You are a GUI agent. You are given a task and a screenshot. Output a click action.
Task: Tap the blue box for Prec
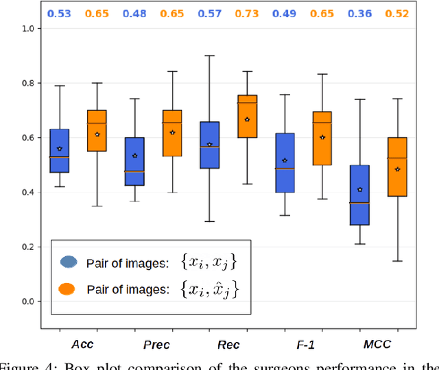tap(134, 161)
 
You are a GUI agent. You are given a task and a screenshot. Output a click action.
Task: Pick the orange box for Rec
tap(247, 116)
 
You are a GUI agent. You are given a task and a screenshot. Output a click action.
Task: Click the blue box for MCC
tap(359, 195)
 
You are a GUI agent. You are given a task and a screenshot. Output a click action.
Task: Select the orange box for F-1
tap(322, 138)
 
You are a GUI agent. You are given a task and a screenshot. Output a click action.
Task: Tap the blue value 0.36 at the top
tap(359, 13)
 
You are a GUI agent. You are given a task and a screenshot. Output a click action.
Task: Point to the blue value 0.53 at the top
tap(59, 13)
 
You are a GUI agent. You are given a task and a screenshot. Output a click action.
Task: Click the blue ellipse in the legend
tap(69, 262)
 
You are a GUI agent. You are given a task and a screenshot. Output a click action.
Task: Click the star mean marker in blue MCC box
tap(359, 190)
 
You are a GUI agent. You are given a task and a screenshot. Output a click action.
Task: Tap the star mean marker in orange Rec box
tap(247, 119)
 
